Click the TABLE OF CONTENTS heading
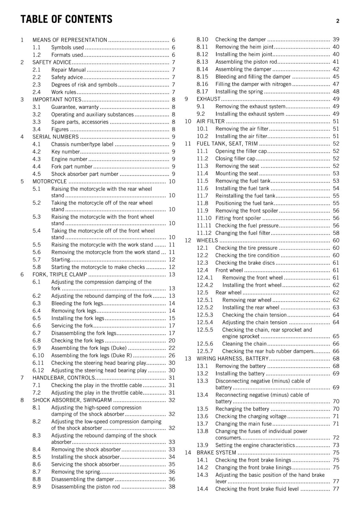pos(66,19)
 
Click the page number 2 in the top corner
pos(337,21)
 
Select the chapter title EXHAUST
pos(208,99)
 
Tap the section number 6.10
pos(38,355)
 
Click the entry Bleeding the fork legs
pos(77,303)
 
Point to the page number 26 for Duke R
pos(172,355)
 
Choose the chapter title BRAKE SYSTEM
pos(216,453)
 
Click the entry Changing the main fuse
pos(243,424)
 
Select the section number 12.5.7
pos(205,351)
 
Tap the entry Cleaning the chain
pos(244,344)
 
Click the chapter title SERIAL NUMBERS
pos(55,137)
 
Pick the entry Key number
pos(66,152)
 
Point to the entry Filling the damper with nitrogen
pos(253,84)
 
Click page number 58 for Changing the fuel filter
pos(336,233)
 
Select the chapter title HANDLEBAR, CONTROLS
pos(64,378)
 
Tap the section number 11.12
pos(204,233)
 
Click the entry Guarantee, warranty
pos(75,107)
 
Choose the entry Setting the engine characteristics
pos(255,445)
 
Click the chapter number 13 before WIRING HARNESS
pos(188,359)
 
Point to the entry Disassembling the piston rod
pos(85,487)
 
